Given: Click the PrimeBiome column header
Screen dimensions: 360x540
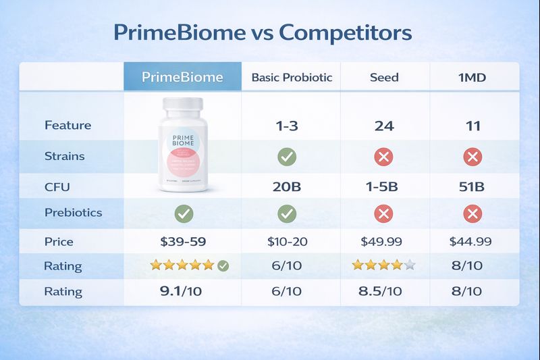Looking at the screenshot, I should (182, 77).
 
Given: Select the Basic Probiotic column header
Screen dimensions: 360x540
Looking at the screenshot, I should (292, 77).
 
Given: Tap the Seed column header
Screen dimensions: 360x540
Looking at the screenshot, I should (383, 77).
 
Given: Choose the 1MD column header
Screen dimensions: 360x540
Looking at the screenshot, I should (472, 77).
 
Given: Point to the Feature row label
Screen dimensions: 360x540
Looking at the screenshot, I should (67, 126).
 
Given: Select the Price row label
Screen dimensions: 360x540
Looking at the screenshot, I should (59, 241).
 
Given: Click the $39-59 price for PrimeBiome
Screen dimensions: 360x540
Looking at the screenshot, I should (184, 241).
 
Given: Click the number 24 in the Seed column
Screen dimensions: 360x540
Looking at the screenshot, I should (383, 126).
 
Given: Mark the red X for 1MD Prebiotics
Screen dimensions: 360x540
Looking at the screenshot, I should (471, 213).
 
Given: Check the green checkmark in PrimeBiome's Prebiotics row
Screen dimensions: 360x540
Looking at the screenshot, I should (184, 213).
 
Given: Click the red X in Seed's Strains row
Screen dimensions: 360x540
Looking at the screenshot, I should (383, 157).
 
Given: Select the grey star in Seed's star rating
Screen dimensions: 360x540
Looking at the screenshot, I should (409, 265).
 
